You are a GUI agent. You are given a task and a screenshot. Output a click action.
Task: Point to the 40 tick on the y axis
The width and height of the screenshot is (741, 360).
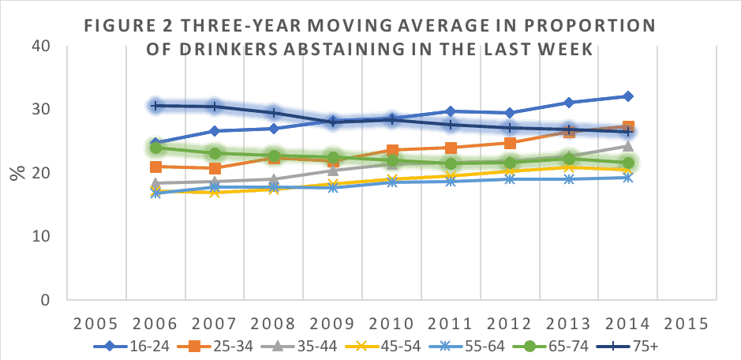point(41,46)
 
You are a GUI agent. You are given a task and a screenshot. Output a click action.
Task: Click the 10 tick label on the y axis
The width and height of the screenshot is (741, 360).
point(41,237)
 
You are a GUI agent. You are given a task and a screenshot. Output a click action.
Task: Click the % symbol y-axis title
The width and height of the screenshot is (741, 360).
point(17,173)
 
